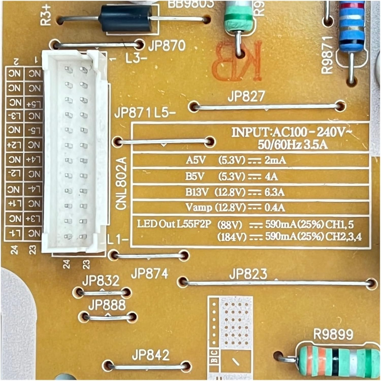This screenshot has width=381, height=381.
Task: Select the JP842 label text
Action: coord(150,355)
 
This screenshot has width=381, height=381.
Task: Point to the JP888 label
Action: coord(107,305)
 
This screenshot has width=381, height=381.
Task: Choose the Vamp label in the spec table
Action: coord(199,208)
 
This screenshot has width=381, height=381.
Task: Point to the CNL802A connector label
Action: coord(121,183)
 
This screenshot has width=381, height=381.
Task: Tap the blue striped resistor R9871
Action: coord(352,28)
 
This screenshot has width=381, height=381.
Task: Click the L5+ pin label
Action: coord(34,104)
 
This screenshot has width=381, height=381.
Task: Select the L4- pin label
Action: coord(34,189)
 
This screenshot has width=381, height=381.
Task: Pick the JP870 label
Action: coord(166,46)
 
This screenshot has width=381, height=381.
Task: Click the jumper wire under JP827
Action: coord(267,107)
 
